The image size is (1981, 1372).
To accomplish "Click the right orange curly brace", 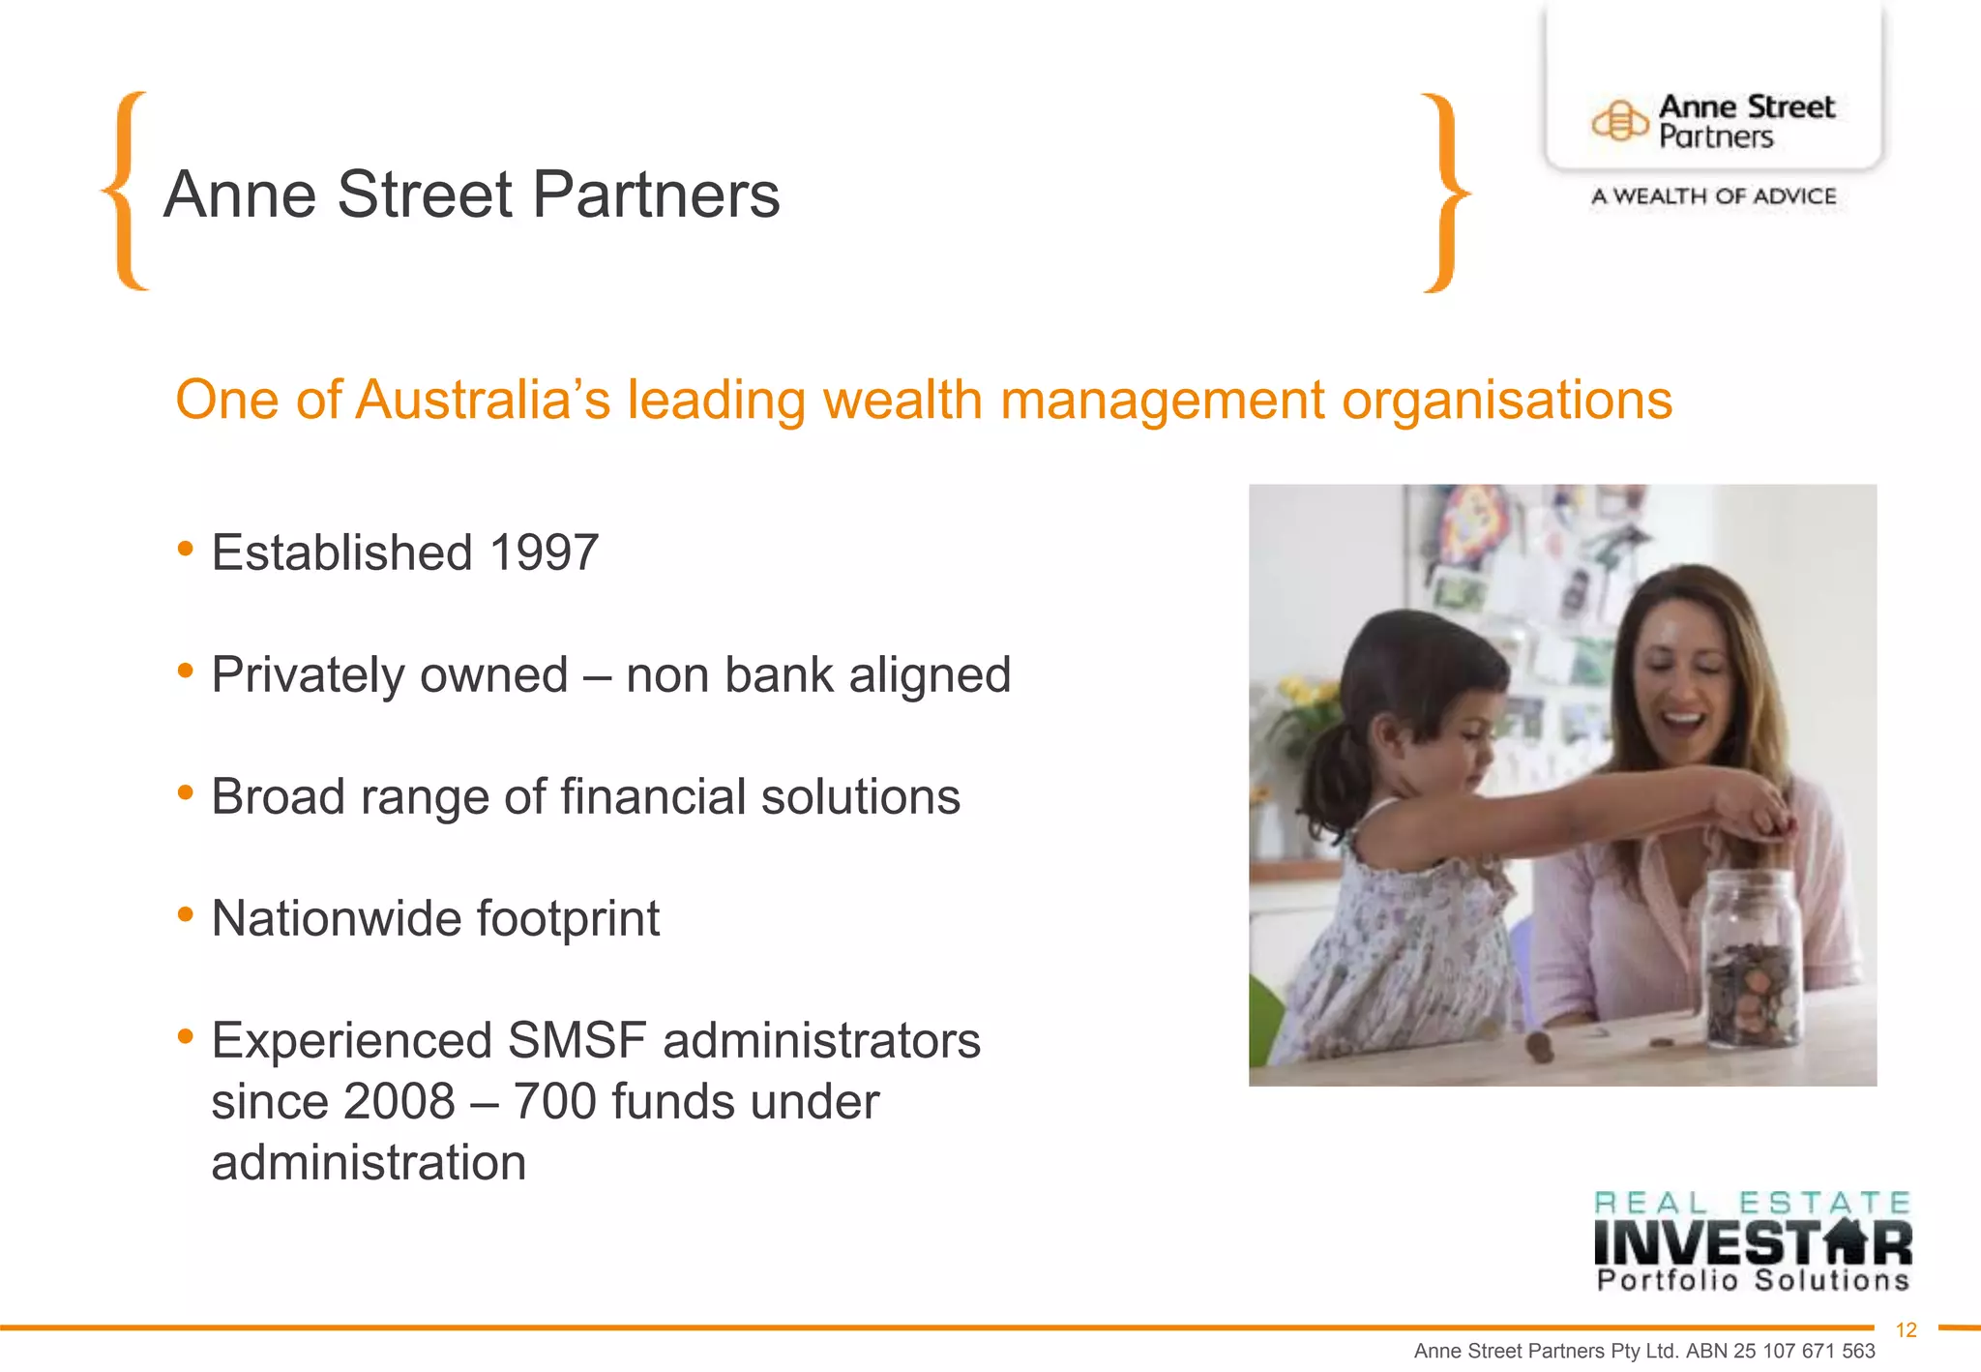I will pos(1445,194).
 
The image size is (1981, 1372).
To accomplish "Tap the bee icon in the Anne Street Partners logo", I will pos(1619,122).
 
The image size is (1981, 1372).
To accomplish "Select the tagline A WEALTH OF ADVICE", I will pos(1713,196).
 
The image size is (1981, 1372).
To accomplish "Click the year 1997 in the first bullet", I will pos(544,553).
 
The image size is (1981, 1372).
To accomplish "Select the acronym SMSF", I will pos(577,1041).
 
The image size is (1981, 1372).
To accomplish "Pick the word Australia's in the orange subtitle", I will pos(483,400).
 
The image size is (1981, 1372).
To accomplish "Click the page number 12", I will pos(1906,1330).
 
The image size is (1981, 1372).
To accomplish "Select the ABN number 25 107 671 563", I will pos(1804,1352).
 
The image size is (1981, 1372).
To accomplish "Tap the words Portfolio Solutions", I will pos(1753,1281).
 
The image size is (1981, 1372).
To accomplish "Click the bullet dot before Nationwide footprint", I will pos(186,914).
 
